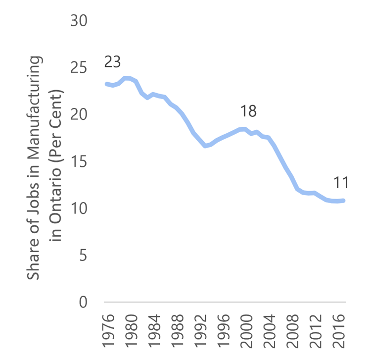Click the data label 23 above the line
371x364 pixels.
[112, 62]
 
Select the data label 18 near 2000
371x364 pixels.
[248, 111]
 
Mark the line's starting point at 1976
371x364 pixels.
[107, 84]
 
